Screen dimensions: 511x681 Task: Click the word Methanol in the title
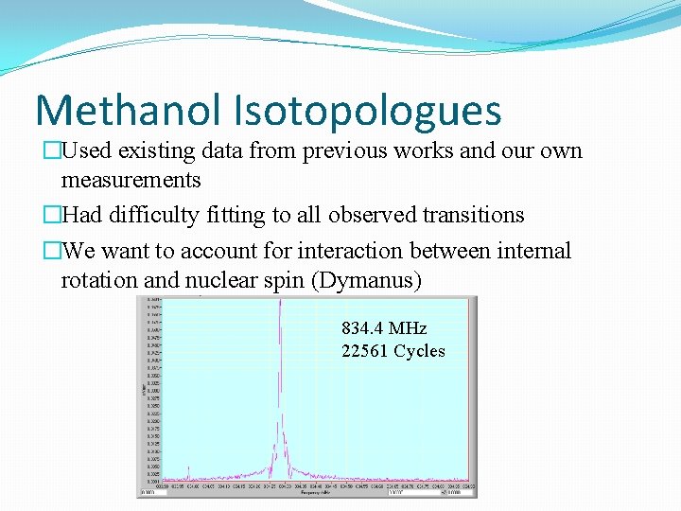pos(128,110)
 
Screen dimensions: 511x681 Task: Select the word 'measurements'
pos(131,180)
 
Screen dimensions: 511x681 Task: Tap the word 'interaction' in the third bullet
pos(370,251)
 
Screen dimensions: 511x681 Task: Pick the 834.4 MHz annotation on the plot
pos(384,328)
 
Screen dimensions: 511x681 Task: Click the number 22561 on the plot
pos(365,351)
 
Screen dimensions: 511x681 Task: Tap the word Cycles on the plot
pos(420,351)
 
